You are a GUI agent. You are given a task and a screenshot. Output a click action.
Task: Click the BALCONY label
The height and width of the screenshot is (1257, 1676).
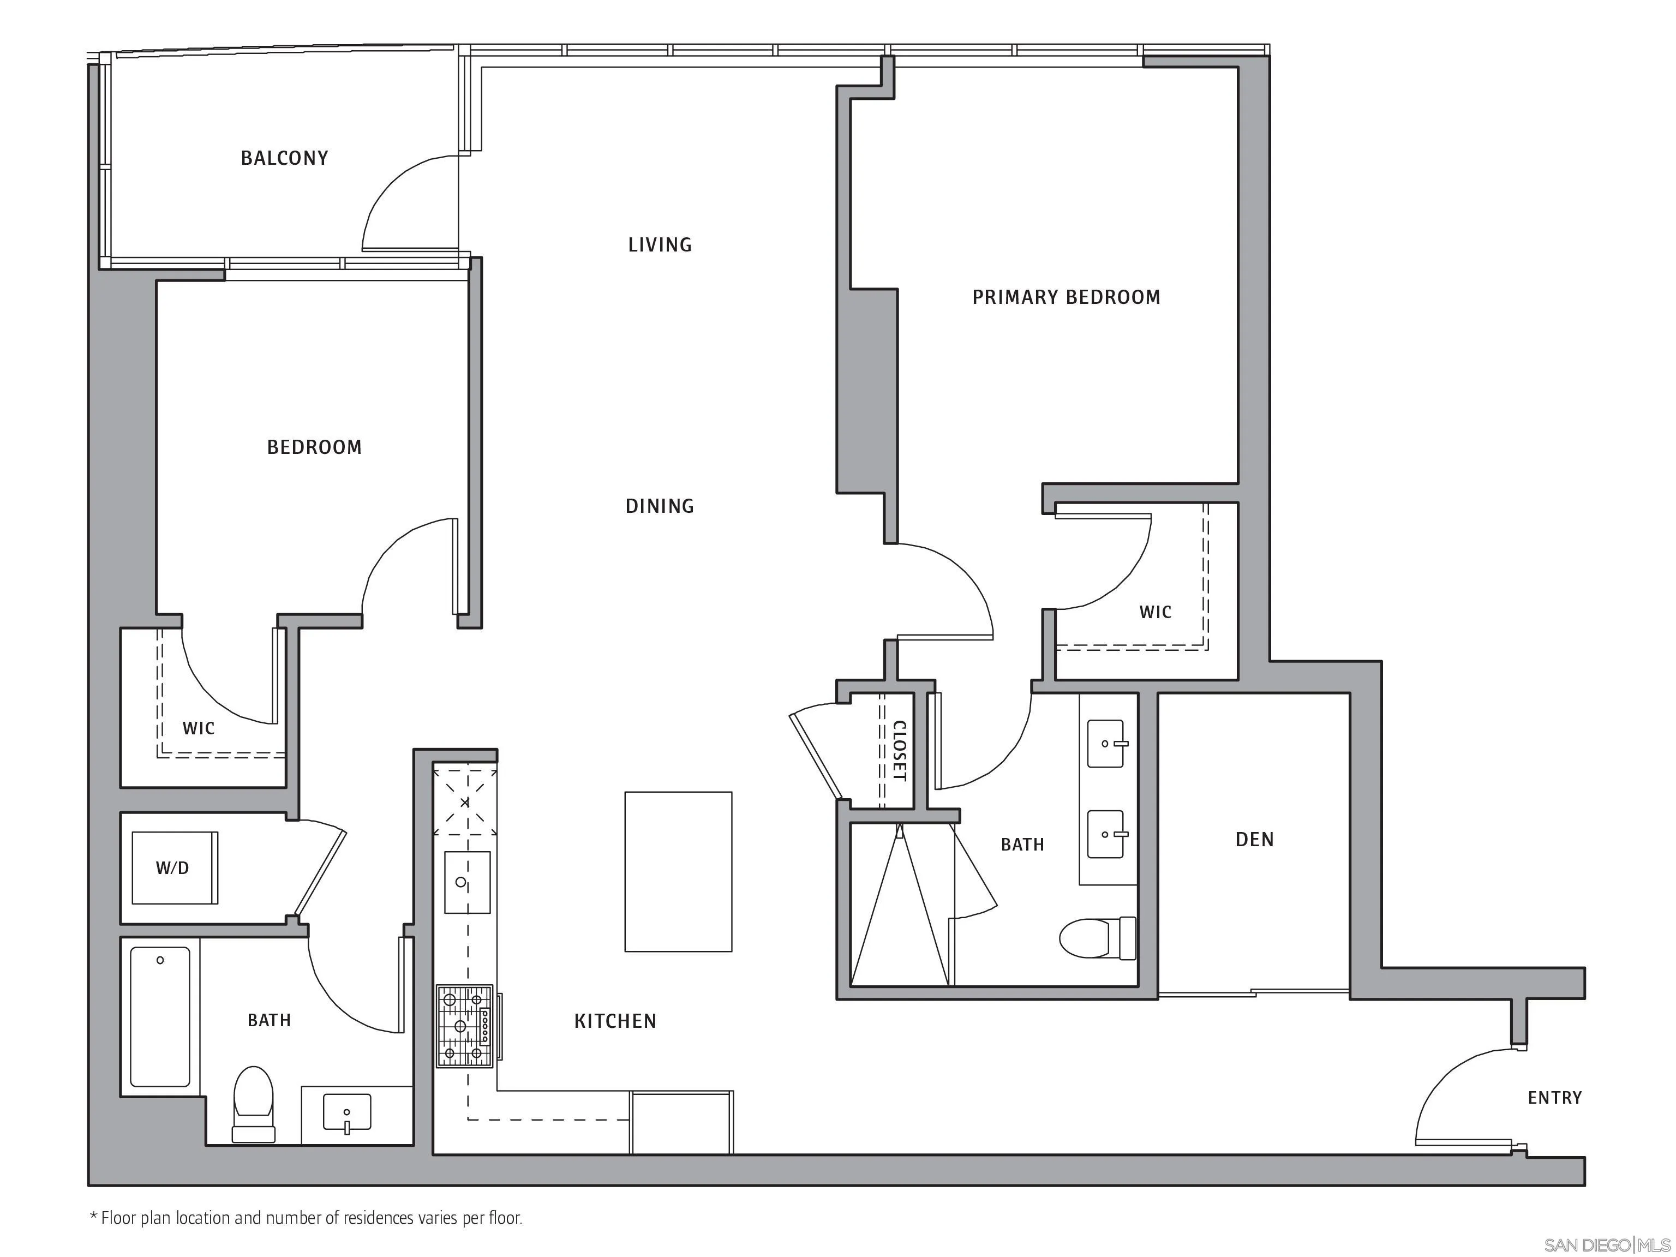pyautogui.click(x=284, y=158)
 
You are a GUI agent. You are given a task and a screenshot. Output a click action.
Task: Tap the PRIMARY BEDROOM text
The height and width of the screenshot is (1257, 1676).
pyautogui.click(x=1066, y=297)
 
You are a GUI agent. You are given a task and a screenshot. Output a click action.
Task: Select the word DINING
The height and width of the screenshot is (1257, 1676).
pyautogui.click(x=659, y=506)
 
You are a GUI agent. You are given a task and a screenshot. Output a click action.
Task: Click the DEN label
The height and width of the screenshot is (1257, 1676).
pyautogui.click(x=1254, y=840)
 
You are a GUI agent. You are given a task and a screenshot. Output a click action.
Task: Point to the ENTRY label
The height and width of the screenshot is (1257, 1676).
pyautogui.click(x=1554, y=1098)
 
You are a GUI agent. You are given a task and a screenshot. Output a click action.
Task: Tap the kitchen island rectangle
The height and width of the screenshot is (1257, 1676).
pyautogui.click(x=678, y=871)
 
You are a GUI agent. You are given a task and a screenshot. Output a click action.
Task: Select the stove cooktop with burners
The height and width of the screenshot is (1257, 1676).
pyautogui.click(x=464, y=1026)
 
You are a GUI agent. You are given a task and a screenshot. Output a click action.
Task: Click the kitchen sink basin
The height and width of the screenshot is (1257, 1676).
pyautogui.click(x=466, y=883)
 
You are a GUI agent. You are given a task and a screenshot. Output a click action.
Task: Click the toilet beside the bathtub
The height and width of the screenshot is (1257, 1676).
pyautogui.click(x=253, y=1103)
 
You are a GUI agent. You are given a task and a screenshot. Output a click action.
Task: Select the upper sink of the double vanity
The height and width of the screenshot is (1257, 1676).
pyautogui.click(x=1105, y=743)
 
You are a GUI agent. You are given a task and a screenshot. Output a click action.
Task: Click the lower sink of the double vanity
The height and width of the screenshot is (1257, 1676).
pyautogui.click(x=1105, y=834)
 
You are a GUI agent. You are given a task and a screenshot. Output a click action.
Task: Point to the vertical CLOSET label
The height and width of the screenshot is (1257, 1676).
pyautogui.click(x=899, y=750)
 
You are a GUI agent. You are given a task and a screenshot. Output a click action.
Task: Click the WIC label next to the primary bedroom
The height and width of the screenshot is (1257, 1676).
pyautogui.click(x=1155, y=612)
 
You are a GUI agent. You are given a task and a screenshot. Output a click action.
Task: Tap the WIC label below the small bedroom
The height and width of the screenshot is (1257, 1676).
pyautogui.click(x=199, y=729)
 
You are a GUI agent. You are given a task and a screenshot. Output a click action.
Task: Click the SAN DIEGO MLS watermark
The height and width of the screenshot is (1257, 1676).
pyautogui.click(x=1606, y=1245)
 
